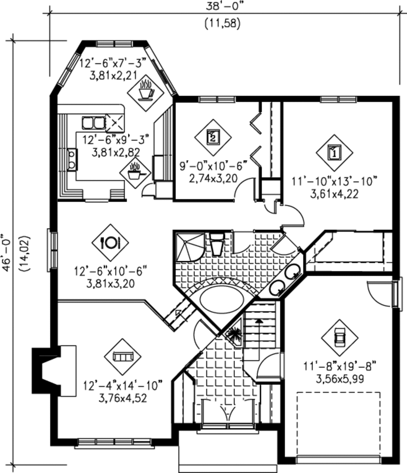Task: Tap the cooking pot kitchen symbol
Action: [x=136, y=172]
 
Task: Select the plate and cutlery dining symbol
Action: [x=110, y=242]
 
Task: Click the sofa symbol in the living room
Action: [x=122, y=357]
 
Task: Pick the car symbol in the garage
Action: [x=339, y=338]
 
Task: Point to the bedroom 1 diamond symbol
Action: [x=334, y=152]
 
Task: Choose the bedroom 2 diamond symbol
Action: [x=213, y=137]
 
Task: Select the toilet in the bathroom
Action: [x=217, y=244]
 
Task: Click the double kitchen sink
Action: [x=93, y=123]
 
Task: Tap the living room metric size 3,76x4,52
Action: [x=123, y=397]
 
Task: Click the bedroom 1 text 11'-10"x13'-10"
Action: [x=334, y=182]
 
